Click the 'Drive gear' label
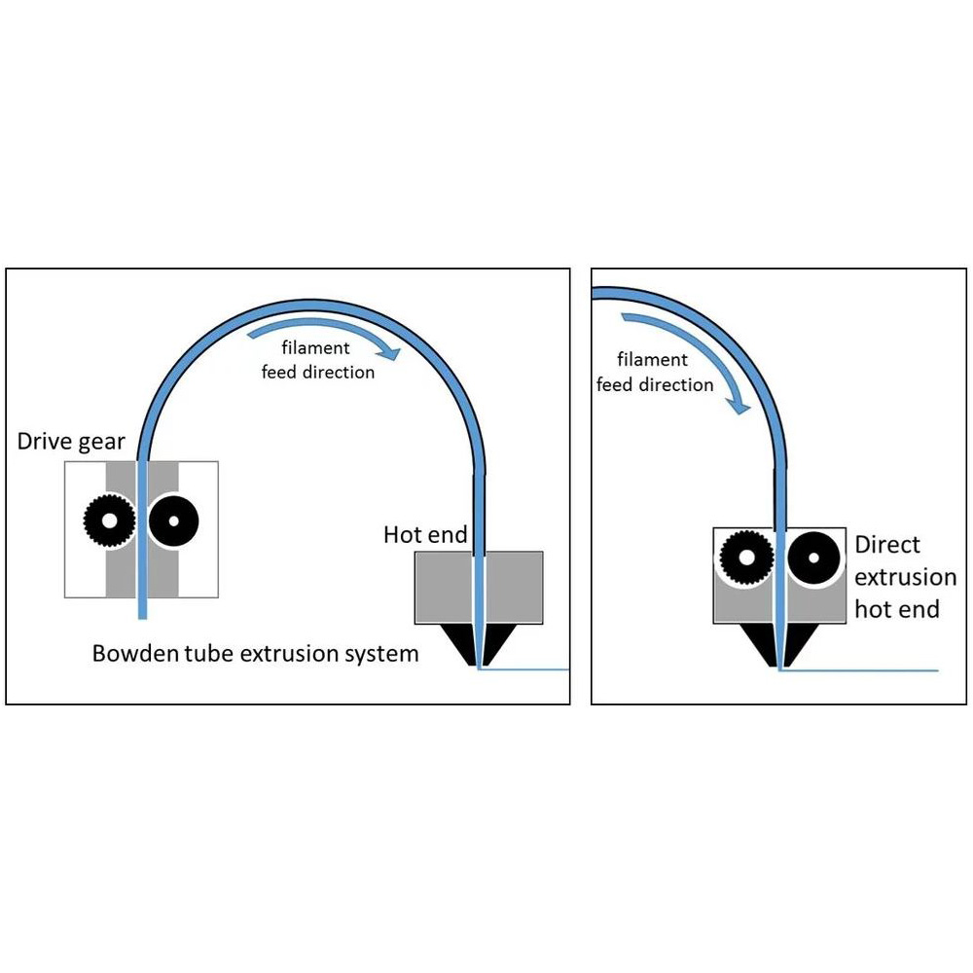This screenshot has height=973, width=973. click(x=71, y=441)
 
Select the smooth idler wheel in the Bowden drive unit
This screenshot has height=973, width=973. click(x=174, y=521)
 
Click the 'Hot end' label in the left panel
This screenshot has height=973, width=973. click(x=425, y=534)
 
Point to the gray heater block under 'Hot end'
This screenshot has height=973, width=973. click(x=443, y=588)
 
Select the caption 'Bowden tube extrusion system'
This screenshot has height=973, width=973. click(x=255, y=653)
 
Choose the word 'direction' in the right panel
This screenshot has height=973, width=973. click(x=677, y=385)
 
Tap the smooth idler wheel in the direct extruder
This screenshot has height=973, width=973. click(x=813, y=558)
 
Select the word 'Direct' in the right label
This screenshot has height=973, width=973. click(x=887, y=545)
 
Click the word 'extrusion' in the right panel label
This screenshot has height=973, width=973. click(x=905, y=577)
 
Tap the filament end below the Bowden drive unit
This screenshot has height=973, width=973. click(x=142, y=609)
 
